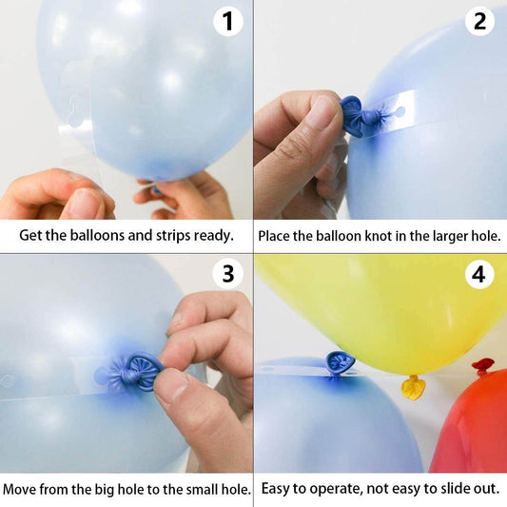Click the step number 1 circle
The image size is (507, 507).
227,21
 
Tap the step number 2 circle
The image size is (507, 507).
480,21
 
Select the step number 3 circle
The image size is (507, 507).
227,275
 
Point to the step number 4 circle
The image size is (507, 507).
480,275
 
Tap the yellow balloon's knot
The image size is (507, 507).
413,386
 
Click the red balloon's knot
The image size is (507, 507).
483,365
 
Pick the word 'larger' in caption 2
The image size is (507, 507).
446,235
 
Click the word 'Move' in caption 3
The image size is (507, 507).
21,490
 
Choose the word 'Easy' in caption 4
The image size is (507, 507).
278,490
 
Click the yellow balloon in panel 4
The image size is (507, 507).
380,304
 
